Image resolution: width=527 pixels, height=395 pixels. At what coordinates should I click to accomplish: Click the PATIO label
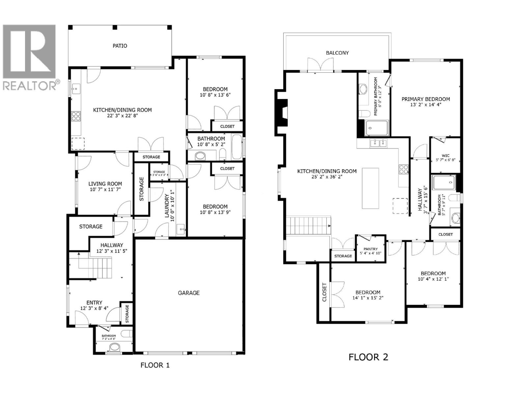[120, 46]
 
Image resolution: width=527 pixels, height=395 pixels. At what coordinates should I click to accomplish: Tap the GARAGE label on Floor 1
[189, 293]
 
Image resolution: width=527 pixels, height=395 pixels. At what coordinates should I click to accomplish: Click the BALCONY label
[337, 53]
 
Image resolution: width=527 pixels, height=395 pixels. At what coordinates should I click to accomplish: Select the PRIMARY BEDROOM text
[426, 99]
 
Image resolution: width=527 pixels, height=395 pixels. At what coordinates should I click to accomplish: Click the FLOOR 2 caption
[368, 357]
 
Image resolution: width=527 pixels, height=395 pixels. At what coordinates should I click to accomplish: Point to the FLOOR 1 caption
[155, 365]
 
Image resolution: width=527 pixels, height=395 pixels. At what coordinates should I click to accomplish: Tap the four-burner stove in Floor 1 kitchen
[76, 116]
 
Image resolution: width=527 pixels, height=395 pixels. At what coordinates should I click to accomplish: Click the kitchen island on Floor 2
[370, 188]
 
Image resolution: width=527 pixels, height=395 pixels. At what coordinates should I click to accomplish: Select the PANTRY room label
[371, 249]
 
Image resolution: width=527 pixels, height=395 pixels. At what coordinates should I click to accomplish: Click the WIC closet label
[445, 156]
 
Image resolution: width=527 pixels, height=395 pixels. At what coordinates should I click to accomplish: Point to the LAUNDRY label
[167, 206]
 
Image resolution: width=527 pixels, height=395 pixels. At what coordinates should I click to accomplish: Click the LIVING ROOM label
[105, 184]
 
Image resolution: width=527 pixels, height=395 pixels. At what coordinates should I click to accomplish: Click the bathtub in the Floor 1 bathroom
[236, 147]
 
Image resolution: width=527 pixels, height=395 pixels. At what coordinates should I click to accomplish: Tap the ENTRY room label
[94, 303]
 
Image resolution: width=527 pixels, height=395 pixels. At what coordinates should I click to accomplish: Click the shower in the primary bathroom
[377, 128]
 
